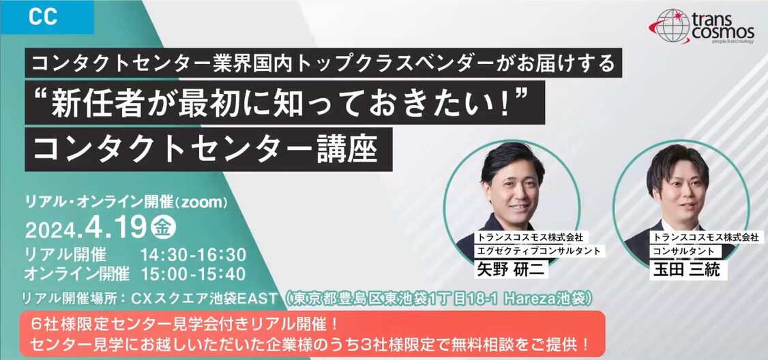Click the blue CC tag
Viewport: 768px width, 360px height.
tap(46, 17)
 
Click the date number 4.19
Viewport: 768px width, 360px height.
tap(115, 228)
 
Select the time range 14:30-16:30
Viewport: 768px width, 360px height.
tap(193, 255)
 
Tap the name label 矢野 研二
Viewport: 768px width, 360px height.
tap(510, 269)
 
